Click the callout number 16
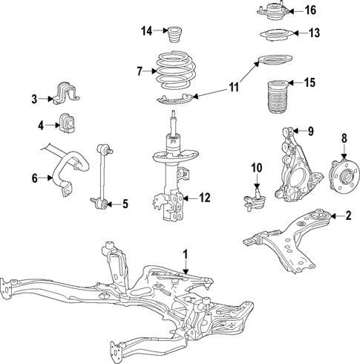tap(310, 10)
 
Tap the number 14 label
tap(147, 30)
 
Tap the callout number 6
tap(34, 178)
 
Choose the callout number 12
tap(206, 198)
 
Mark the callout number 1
tap(187, 255)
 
